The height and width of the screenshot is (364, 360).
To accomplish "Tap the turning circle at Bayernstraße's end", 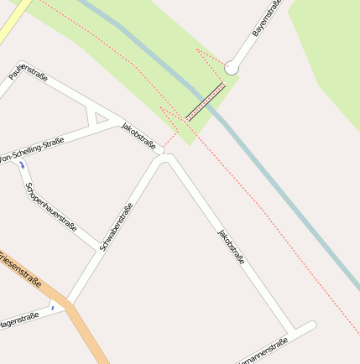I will point(231,65).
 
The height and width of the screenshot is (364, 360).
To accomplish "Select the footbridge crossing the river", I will point(206,102).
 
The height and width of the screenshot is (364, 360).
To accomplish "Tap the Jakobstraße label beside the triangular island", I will point(138,136).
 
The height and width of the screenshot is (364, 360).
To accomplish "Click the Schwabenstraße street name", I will point(117,226).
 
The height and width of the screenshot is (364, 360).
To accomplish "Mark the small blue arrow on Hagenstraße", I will point(52,308).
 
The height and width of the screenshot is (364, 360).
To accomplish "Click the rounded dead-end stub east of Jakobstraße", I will point(307,325).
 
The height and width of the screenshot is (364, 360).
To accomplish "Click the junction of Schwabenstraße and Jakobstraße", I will point(166,158).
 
